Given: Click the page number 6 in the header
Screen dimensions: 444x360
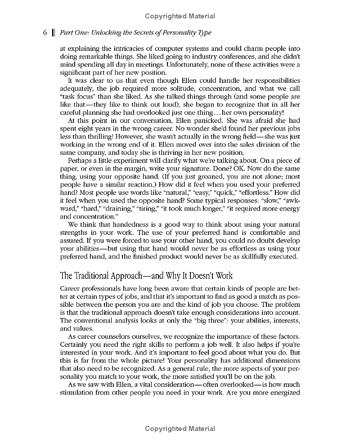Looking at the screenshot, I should [x=45, y=33].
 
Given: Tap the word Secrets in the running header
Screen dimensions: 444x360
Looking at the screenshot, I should [x=140, y=33].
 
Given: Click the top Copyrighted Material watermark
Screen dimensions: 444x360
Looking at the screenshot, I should [x=180, y=17].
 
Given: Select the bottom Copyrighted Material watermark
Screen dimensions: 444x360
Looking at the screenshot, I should [x=180, y=429].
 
